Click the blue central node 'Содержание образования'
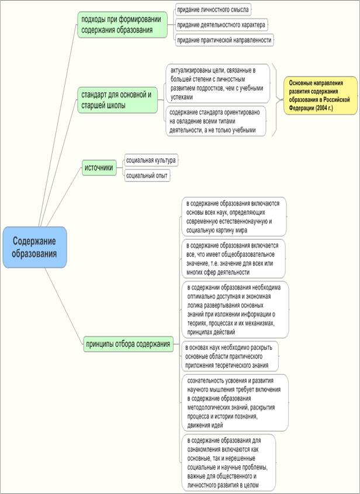[36, 247]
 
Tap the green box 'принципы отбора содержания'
[129, 343]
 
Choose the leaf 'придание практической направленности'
[224, 40]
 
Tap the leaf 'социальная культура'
[151, 160]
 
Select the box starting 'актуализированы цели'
[217, 83]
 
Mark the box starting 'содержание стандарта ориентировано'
[216, 120]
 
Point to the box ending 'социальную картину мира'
[233, 217]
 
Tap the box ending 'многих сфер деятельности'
[233, 259]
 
